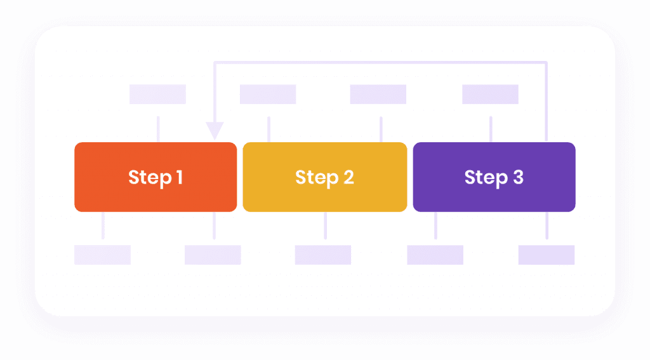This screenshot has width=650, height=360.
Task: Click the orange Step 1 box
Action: [x=156, y=177]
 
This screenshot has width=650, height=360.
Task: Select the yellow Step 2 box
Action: [x=324, y=177]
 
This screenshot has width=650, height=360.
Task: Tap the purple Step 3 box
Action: [x=494, y=177]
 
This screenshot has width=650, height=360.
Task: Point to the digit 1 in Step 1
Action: [x=180, y=177]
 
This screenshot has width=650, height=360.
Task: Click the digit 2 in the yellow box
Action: [x=348, y=177]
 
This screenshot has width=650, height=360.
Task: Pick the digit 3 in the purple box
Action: [x=518, y=177]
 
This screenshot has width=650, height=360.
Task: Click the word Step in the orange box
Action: [x=150, y=178]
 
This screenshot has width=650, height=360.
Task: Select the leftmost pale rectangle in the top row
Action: [x=157, y=94]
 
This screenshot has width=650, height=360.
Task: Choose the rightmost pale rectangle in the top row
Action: [x=490, y=94]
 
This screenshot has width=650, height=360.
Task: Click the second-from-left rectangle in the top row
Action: [x=268, y=94]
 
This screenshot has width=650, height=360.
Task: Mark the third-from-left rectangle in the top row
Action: [x=378, y=94]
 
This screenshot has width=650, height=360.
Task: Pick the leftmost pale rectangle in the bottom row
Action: [x=102, y=255]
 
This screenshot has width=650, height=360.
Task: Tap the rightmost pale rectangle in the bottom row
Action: [x=547, y=255]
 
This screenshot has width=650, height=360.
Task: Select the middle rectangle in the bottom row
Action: [x=323, y=255]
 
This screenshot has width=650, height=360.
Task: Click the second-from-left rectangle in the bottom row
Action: [x=213, y=255]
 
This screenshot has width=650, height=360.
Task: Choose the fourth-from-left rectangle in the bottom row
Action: [x=435, y=255]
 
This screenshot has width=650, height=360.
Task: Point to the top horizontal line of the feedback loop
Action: [x=381, y=63]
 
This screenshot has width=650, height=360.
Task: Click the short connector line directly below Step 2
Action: [x=326, y=225]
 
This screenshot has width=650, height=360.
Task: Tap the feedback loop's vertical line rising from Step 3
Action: [x=547, y=102]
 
